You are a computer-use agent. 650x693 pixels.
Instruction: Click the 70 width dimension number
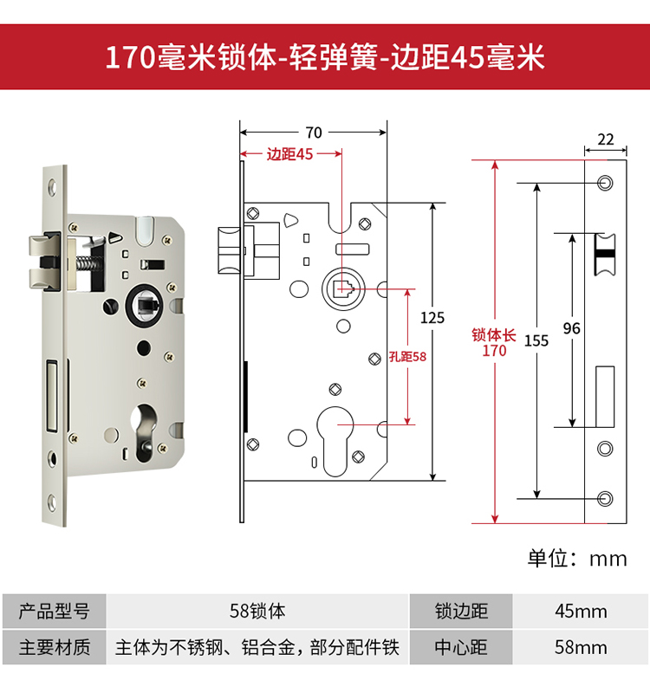coord(314,133)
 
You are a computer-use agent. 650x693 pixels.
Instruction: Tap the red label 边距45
coord(289,154)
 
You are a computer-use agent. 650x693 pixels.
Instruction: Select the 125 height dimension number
coord(432,318)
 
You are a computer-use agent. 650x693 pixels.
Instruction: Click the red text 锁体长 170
coord(494,343)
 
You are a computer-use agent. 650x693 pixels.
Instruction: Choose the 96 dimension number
coord(571,328)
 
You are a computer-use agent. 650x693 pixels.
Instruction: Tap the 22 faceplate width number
coord(606,139)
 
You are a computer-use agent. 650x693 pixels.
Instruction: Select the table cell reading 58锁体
coord(257,611)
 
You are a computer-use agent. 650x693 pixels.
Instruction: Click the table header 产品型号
coord(54,611)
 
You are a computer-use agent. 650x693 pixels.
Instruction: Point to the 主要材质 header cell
coord(54,647)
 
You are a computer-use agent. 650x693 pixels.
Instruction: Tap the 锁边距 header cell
coord(461,611)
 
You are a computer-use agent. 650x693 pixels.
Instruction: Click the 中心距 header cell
coord(461,647)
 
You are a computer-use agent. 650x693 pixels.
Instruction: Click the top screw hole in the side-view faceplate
coord(605,183)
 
